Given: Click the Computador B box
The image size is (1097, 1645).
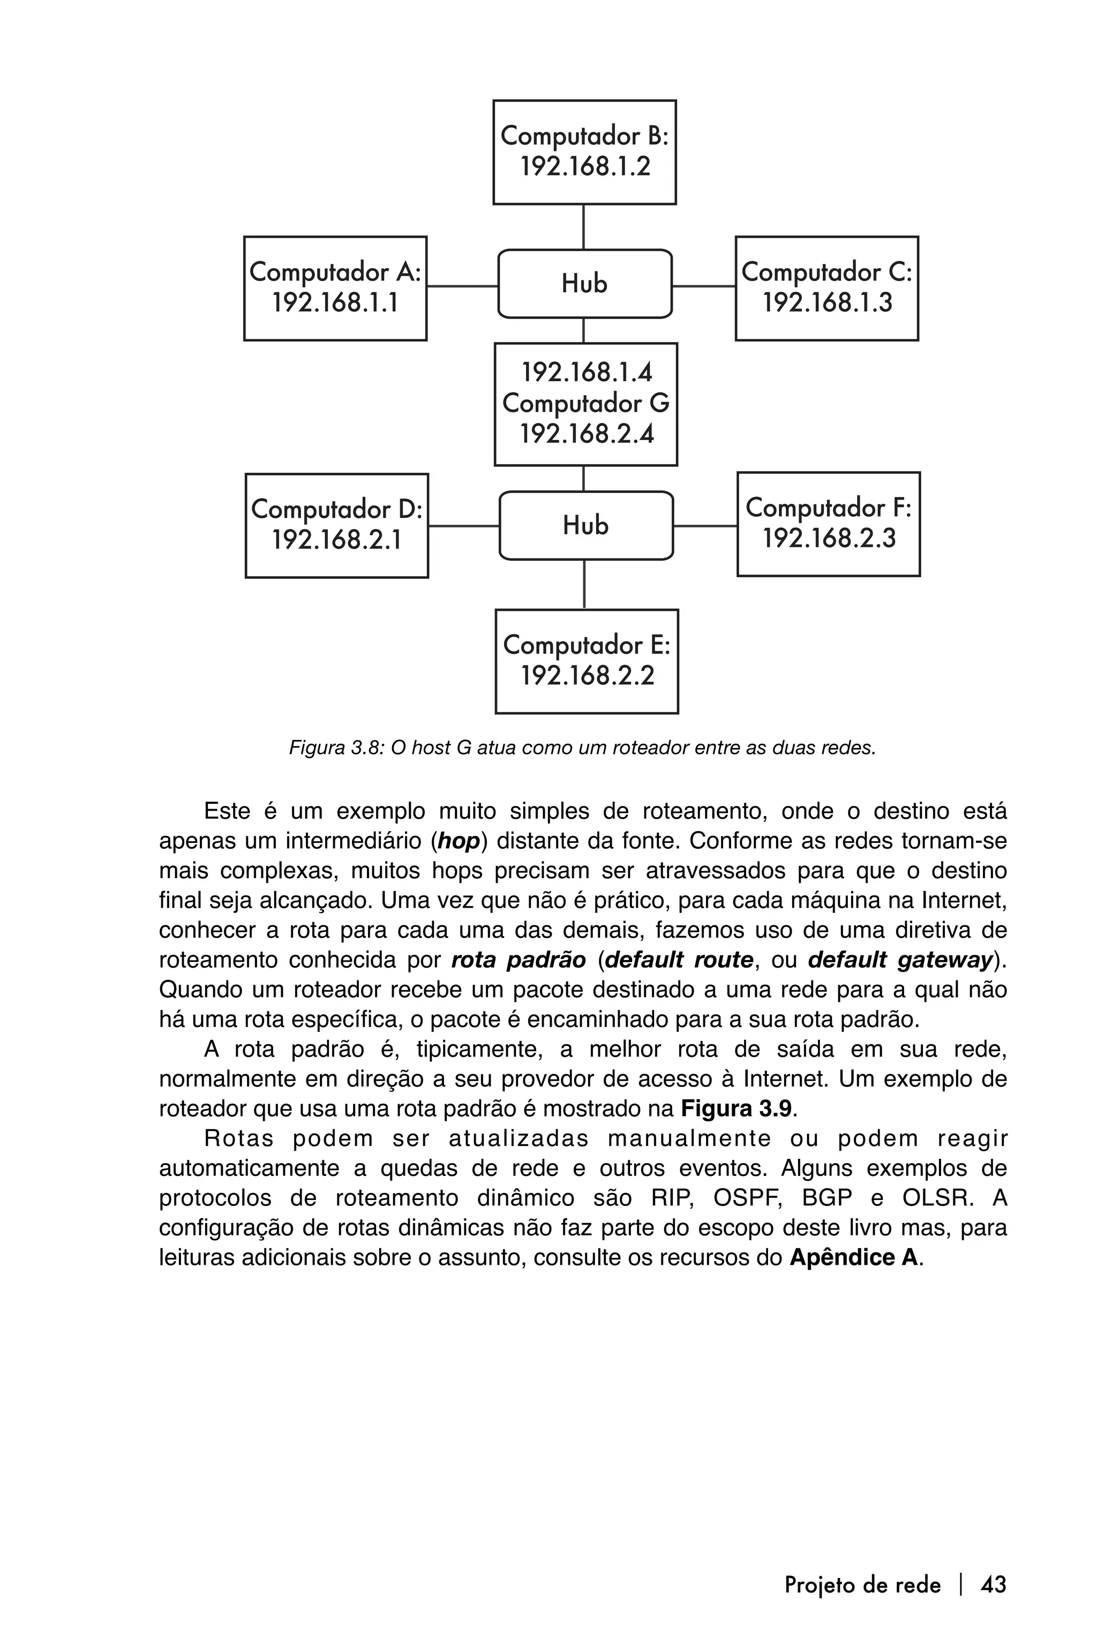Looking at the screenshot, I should [584, 152].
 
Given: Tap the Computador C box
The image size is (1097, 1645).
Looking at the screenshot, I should [826, 288].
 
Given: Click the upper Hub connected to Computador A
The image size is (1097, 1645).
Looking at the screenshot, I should [584, 284].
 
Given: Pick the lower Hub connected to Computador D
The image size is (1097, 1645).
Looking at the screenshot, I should [585, 525].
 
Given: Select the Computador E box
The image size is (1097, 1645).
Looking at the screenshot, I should [587, 661].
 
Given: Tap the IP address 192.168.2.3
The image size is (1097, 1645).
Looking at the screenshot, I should [828, 539].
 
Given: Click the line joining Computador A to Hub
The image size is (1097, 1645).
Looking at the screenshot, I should [462, 286].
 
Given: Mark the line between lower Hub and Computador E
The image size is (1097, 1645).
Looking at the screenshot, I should [584, 584].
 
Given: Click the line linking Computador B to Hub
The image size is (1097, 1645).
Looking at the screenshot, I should [583, 227].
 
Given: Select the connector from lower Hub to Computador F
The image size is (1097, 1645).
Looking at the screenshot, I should [704, 525].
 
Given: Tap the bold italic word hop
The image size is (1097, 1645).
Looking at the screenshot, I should [459, 841].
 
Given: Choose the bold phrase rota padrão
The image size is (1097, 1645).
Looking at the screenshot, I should [519, 960].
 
